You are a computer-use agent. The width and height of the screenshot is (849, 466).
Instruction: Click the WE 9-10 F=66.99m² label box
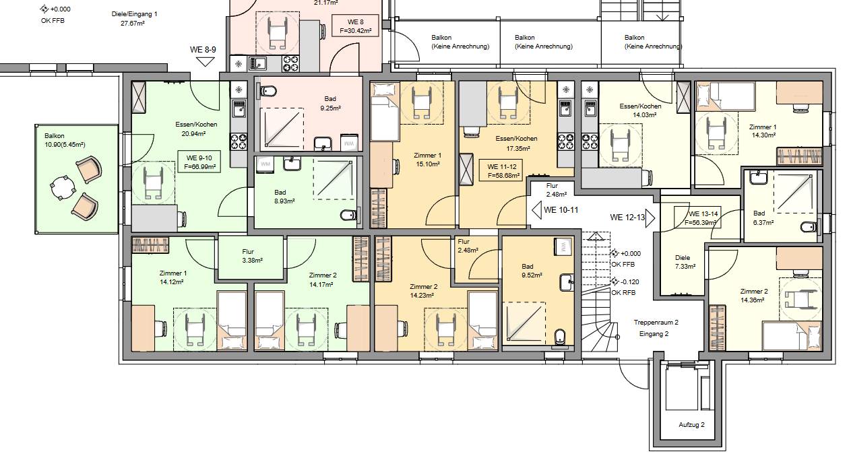click(199, 162)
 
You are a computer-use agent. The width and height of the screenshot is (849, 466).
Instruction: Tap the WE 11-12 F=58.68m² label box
click(502, 170)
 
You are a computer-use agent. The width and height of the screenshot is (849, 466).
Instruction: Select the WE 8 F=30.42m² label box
click(355, 26)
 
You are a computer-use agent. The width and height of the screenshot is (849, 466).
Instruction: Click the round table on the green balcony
click(63, 187)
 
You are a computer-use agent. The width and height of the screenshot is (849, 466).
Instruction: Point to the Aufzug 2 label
click(691, 425)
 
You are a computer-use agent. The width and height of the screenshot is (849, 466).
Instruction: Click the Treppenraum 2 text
click(656, 323)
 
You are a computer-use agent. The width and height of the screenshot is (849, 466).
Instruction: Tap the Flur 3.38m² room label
click(252, 256)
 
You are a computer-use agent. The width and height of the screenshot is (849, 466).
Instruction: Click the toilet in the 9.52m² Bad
click(559, 337)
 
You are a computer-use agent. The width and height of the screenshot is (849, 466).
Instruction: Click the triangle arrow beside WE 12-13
click(650, 218)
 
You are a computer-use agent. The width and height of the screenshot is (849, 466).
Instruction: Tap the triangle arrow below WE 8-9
click(206, 62)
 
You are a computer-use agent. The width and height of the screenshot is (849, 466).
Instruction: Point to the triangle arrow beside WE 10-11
click(536, 210)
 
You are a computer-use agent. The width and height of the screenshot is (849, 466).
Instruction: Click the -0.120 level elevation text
click(629, 282)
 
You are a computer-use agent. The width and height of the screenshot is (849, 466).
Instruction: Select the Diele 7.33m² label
click(685, 262)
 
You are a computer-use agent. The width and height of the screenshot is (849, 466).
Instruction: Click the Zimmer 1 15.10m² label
click(427, 160)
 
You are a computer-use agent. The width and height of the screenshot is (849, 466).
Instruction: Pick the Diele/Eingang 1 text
click(134, 14)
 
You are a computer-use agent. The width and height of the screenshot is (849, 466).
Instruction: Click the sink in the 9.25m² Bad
click(323, 143)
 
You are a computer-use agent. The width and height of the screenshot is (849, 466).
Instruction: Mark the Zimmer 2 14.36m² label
click(754, 296)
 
